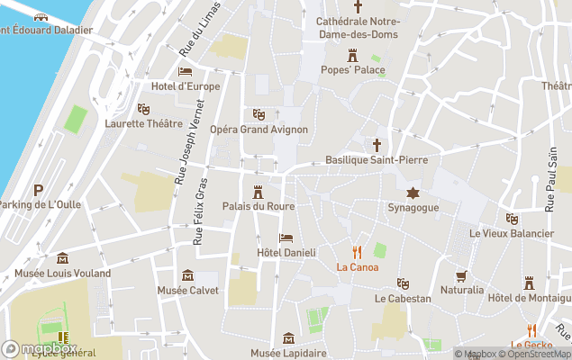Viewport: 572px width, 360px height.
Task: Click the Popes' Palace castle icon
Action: [x=352, y=54]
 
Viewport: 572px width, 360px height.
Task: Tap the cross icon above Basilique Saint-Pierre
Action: [x=377, y=144]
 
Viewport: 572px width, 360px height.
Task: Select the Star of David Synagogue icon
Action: [x=413, y=193]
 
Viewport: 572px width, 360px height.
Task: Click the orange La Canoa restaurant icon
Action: [x=358, y=252]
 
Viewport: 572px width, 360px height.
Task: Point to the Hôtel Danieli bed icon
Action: [x=286, y=238]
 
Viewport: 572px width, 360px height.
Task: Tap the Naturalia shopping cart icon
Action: [x=462, y=275]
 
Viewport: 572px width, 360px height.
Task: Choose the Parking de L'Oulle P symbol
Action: [x=38, y=190]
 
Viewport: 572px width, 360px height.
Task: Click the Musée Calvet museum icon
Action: [x=187, y=275]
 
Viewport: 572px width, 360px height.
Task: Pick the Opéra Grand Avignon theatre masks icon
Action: [x=259, y=114]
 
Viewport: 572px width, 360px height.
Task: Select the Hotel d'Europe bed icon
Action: [x=186, y=71]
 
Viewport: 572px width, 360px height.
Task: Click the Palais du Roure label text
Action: [x=259, y=206]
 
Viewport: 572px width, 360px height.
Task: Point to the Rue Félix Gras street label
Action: [x=200, y=215]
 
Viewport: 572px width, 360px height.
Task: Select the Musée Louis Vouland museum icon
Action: [x=62, y=258]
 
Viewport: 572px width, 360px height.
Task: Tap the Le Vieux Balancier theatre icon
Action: [x=512, y=219]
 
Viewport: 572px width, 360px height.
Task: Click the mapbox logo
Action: [x=40, y=348]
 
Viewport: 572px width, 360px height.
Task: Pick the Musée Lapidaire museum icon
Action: [x=288, y=338]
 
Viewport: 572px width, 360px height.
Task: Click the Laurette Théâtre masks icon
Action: [x=142, y=109]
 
